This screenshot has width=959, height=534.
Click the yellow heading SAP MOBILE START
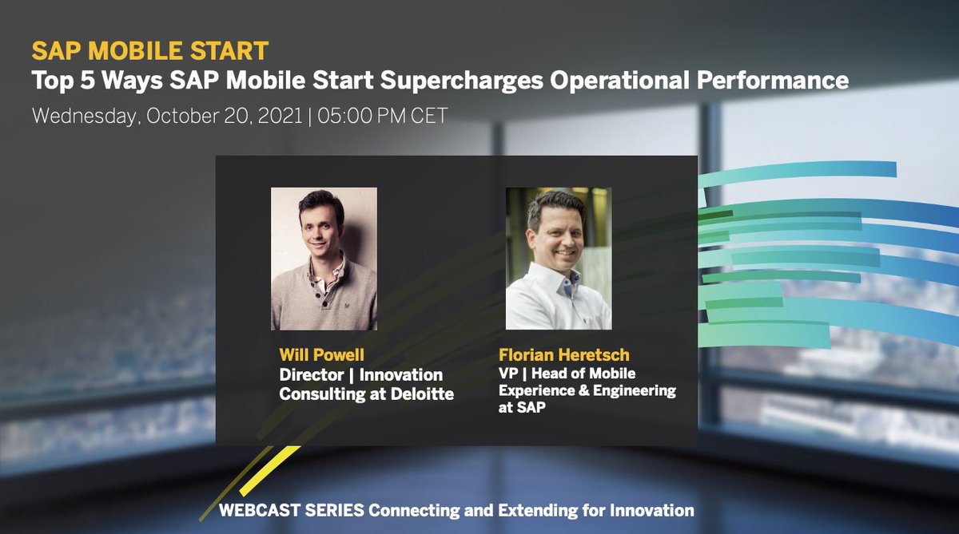tap(149, 51)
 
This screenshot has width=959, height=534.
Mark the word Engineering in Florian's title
tap(631, 390)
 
